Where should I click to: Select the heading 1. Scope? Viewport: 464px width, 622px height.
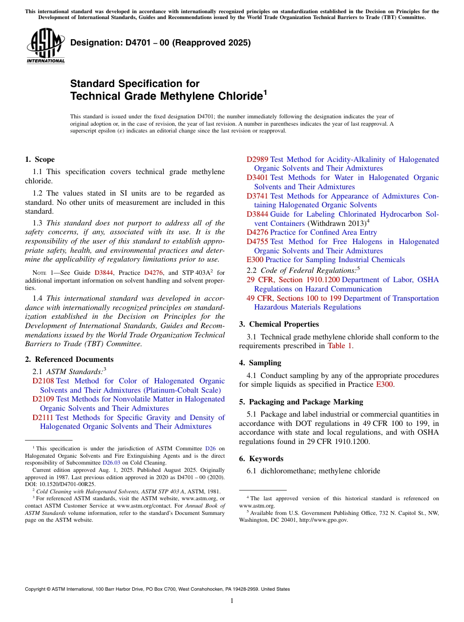(x=40, y=159)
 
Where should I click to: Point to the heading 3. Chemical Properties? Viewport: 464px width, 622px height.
(x=278, y=324)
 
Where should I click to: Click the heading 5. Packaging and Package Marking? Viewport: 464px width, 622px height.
(x=301, y=402)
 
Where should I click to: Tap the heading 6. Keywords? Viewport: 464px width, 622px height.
(x=261, y=459)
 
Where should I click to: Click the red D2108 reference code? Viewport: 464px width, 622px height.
(x=43, y=381)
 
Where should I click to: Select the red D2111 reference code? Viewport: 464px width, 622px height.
(x=43, y=418)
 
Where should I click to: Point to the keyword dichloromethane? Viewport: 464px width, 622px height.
(x=287, y=471)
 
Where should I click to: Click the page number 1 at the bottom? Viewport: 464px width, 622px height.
(x=232, y=600)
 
